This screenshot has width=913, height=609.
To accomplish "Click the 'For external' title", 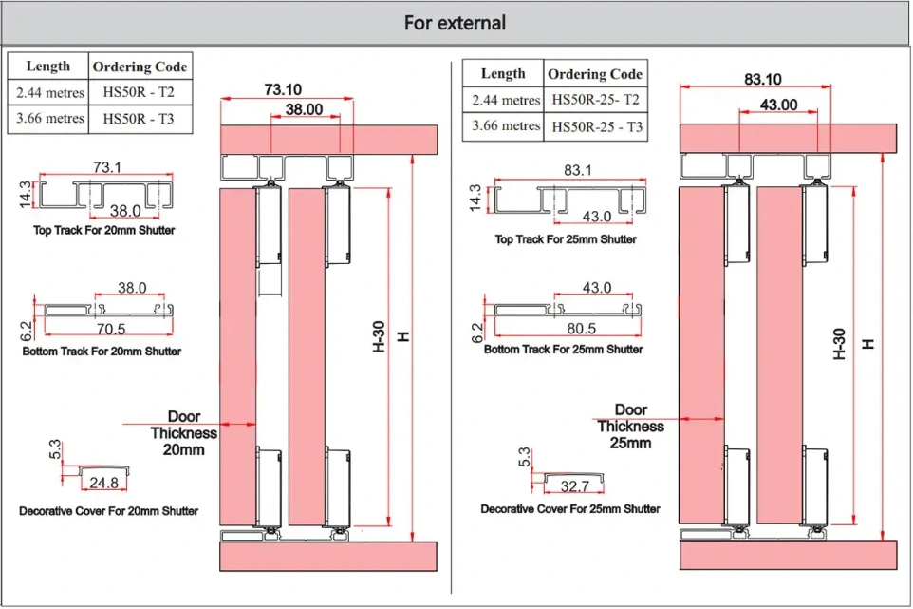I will (x=455, y=22).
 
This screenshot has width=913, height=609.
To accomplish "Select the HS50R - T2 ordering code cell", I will (x=139, y=93).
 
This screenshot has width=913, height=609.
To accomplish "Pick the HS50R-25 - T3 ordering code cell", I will (x=597, y=126).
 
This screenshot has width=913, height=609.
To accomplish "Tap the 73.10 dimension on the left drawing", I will (x=283, y=89).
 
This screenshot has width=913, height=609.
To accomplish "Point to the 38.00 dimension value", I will (x=304, y=109).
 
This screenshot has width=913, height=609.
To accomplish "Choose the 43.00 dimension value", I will (x=778, y=105).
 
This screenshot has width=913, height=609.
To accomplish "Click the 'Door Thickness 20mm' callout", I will (x=184, y=433).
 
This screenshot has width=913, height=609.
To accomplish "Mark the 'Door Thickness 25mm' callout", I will (x=631, y=427).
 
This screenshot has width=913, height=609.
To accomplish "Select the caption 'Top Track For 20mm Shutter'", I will (x=103, y=231).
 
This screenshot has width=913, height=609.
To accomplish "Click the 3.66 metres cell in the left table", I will (x=48, y=119).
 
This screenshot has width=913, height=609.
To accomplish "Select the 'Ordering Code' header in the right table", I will (x=595, y=74).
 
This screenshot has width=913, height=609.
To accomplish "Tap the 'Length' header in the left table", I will (x=48, y=67).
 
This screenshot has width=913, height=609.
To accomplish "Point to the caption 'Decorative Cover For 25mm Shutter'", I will (x=569, y=509).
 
